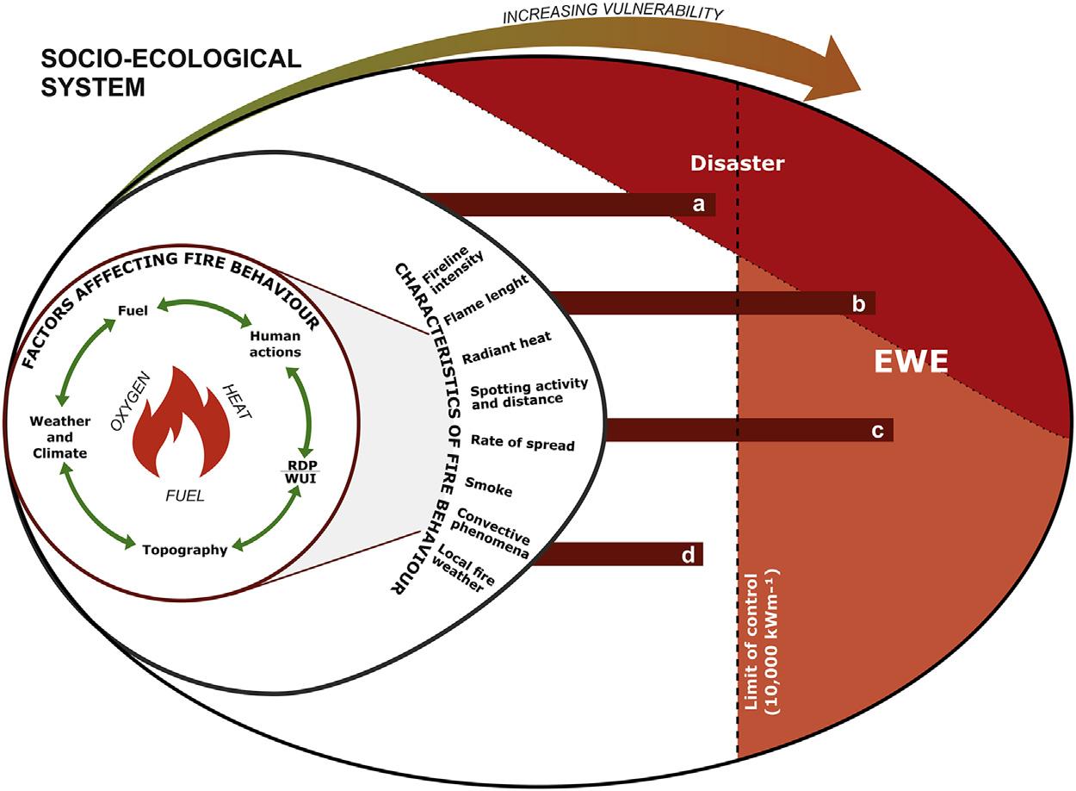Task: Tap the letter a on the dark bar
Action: pyautogui.click(x=699, y=204)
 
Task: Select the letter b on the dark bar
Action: pyautogui.click(x=857, y=303)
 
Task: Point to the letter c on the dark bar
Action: pyautogui.click(x=877, y=431)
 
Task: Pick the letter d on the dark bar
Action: pyautogui.click(x=688, y=555)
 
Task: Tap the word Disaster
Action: pyautogui.click(x=738, y=163)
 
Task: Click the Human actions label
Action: pyautogui.click(x=275, y=343)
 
